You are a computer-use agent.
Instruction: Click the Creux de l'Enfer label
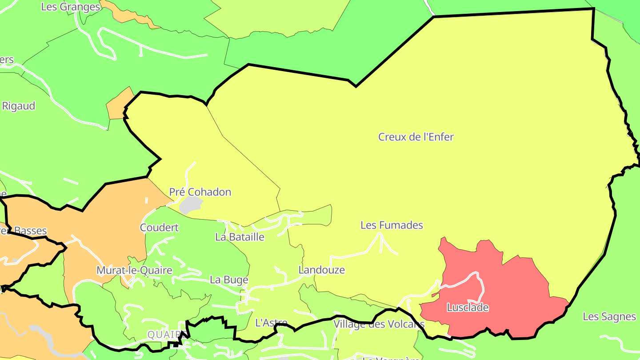click(416, 137)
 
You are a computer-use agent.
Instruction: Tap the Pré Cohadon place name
click(200, 192)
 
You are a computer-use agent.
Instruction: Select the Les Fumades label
click(392, 225)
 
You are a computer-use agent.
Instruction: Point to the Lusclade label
click(468, 308)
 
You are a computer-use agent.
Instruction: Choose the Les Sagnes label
click(609, 316)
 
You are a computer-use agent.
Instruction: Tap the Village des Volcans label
click(379, 324)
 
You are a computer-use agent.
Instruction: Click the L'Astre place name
click(271, 323)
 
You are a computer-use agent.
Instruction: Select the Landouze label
click(321, 270)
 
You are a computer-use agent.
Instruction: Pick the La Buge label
click(229, 280)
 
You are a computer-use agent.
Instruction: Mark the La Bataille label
click(240, 237)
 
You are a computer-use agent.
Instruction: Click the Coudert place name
click(159, 228)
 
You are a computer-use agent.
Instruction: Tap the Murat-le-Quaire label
click(134, 270)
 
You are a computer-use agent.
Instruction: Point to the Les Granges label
click(70, 7)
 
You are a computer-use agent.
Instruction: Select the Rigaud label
click(19, 106)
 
